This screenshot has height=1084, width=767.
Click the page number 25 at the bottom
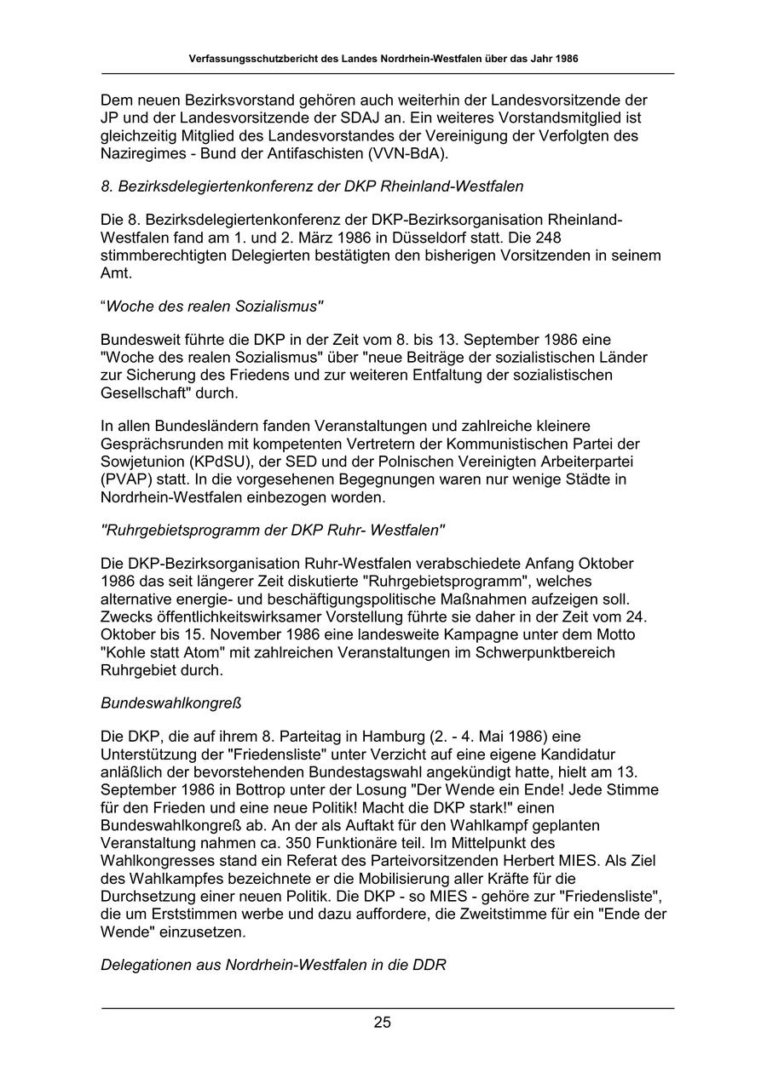[x=382, y=1023]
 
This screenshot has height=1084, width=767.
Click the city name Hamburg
[x=396, y=737]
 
